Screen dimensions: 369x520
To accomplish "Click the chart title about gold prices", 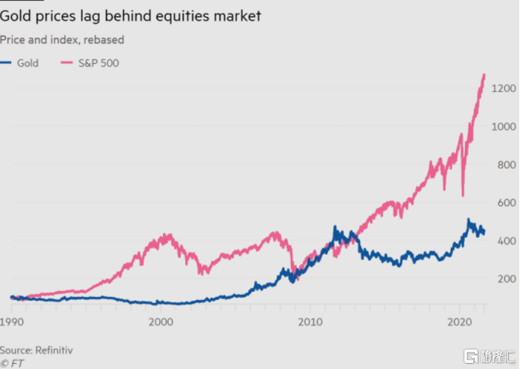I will (131, 16).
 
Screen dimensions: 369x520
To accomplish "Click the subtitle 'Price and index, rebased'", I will (62, 40).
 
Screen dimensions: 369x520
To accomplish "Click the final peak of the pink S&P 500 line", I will (484, 74).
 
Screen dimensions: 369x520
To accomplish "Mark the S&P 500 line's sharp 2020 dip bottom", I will (462, 196).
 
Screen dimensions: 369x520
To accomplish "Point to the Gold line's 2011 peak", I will (335, 227).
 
